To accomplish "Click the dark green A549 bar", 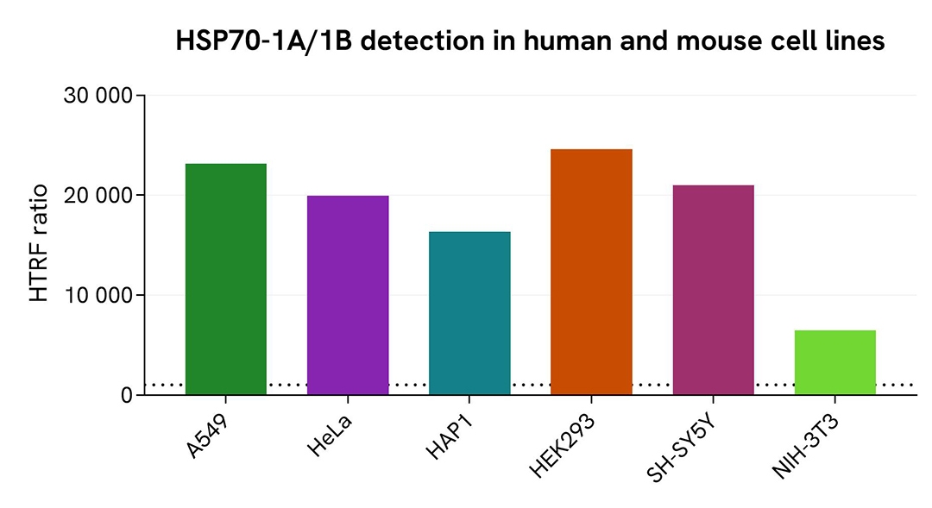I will pyautogui.click(x=226, y=279).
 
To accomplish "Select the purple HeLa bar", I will pyautogui.click(x=348, y=295).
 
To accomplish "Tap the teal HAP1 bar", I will pyautogui.click(x=469, y=313).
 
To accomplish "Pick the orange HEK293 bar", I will pyautogui.click(x=591, y=272).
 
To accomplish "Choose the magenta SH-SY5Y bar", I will pyautogui.click(x=713, y=290).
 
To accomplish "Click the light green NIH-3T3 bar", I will pyautogui.click(x=834, y=362).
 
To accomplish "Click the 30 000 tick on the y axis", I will pyautogui.click(x=98, y=96).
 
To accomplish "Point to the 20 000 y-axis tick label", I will pyautogui.click(x=98, y=196).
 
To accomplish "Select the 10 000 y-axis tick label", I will pyautogui.click(x=98, y=296).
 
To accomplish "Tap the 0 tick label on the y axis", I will pyautogui.click(x=126, y=396).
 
